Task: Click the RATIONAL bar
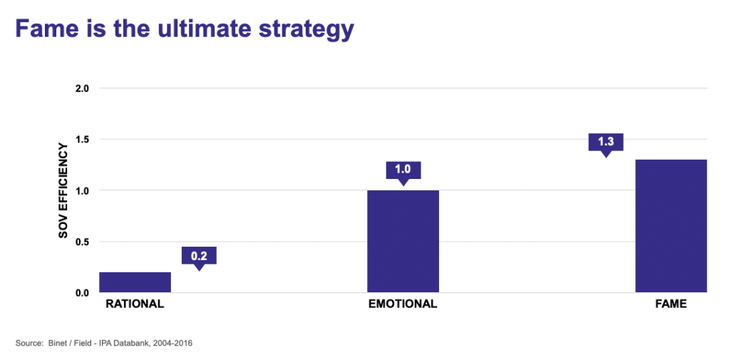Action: (x=135, y=282)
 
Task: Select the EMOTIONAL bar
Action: (x=403, y=241)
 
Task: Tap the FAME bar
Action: (x=672, y=226)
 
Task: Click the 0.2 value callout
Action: (x=200, y=258)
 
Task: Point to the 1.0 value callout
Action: (x=403, y=173)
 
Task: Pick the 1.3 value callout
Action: (x=606, y=145)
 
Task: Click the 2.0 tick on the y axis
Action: (x=83, y=88)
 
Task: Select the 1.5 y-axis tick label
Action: (x=83, y=139)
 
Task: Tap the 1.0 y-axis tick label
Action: (x=83, y=190)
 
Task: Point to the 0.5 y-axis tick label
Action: (x=83, y=242)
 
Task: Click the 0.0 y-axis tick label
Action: (x=83, y=293)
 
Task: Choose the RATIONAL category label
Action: (x=135, y=304)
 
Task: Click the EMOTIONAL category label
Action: (x=403, y=304)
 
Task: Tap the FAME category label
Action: (x=671, y=304)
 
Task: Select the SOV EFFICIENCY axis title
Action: (x=63, y=191)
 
